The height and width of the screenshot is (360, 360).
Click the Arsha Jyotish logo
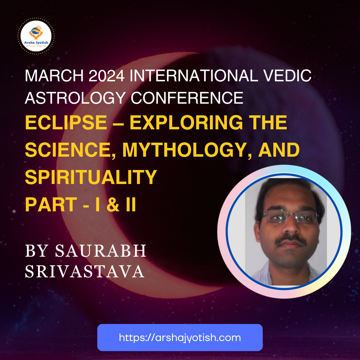tap(36, 36)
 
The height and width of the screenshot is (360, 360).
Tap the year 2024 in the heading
tap(107, 75)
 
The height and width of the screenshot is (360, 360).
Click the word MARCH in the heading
tap(54, 75)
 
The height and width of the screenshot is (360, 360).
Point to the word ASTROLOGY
tap(75, 98)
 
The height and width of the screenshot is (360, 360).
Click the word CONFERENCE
tap(187, 98)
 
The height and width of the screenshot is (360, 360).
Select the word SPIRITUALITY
tap(91, 177)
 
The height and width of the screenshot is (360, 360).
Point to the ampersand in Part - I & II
tap(113, 204)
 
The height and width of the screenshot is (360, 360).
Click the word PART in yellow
tap(51, 204)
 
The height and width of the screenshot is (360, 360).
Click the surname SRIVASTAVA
tap(85, 271)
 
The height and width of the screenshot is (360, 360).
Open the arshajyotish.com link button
tap(180, 337)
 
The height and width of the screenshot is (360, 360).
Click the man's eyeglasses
tap(290, 217)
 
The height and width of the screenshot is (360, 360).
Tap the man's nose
tap(291, 226)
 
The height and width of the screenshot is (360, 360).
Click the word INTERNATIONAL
tap(194, 75)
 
